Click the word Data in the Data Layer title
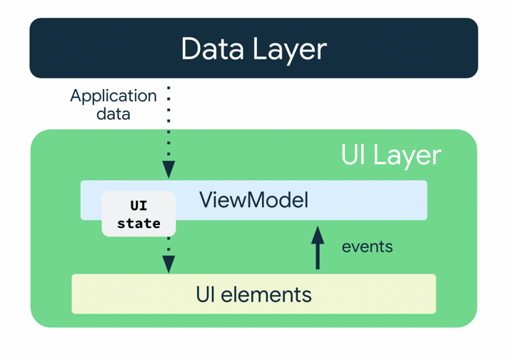tap(212, 49)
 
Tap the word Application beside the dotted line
tap(114, 96)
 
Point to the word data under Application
tap(114, 114)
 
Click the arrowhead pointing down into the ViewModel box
tap(168, 170)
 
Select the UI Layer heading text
tap(391, 155)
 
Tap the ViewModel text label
tap(253, 199)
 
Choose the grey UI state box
tap(138, 214)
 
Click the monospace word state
tap(138, 224)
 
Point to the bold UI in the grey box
tap(138, 206)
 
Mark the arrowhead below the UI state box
tap(168, 264)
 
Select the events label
tap(367, 246)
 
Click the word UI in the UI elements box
tap(206, 294)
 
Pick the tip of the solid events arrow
tap(318, 229)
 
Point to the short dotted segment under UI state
tap(168, 246)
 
